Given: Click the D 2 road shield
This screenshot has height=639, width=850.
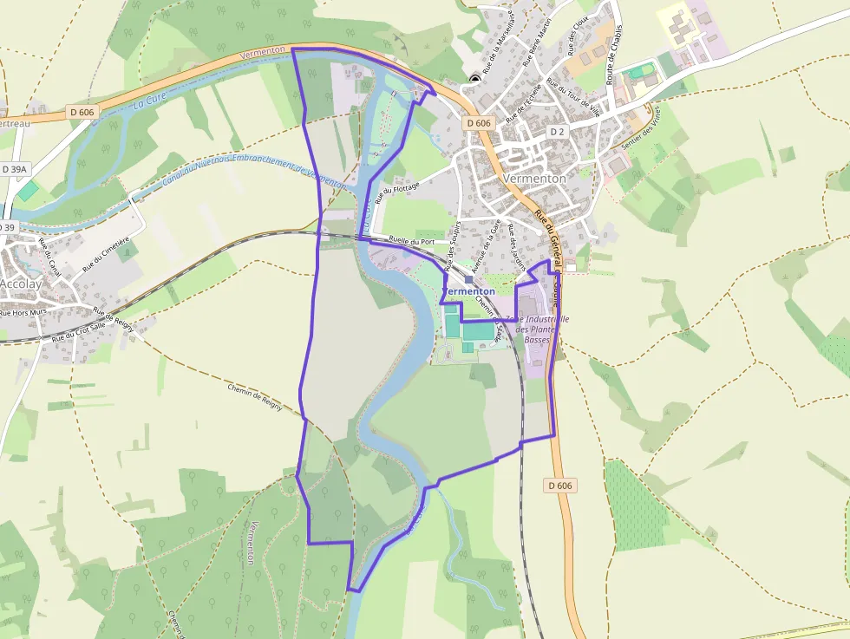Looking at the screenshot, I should click(x=557, y=132).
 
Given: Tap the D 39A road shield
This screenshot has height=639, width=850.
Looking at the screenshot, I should click(x=16, y=169).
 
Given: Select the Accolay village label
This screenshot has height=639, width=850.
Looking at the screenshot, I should click(x=19, y=283).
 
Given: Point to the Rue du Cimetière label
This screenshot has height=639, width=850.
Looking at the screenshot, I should click(x=106, y=255).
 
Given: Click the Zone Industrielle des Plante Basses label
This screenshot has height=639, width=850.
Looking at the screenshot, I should click(x=543, y=329).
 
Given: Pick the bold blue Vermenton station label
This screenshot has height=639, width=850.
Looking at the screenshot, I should click(x=469, y=291).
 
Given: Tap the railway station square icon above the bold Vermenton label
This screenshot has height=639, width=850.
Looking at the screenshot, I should click(x=468, y=279).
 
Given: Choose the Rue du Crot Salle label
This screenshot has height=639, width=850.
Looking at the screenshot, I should click(x=77, y=332).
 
